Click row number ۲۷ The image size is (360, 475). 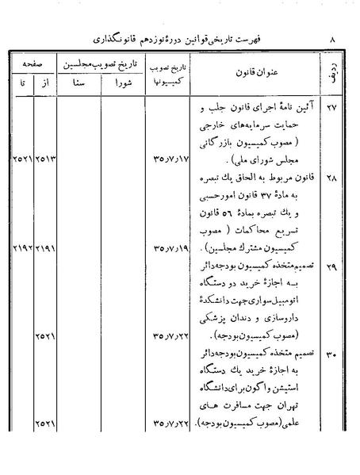331,110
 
